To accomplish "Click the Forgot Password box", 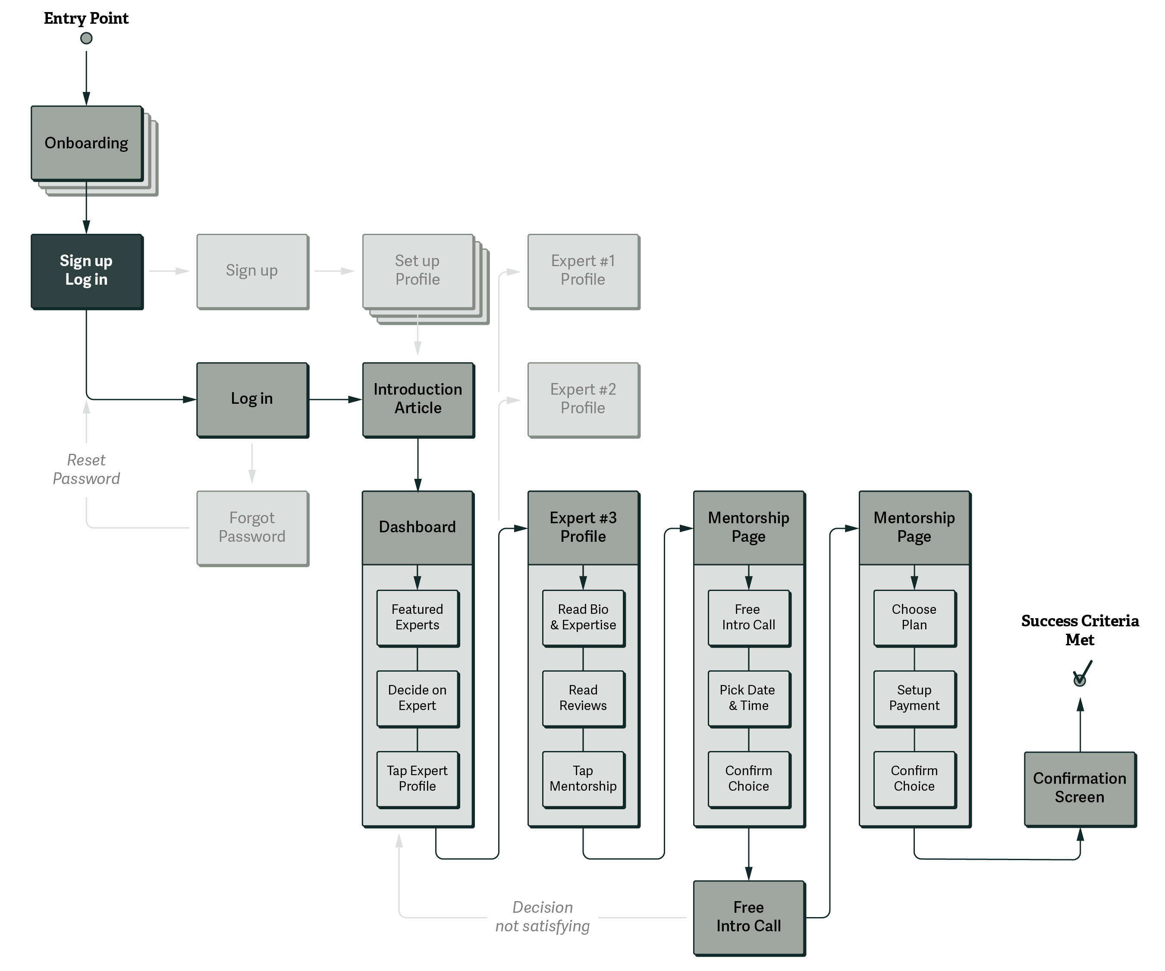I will pyautogui.click(x=252, y=527).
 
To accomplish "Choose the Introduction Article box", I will pyautogui.click(x=418, y=399).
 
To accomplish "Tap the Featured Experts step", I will pyautogui.click(x=417, y=617).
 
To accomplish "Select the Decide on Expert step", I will pyautogui.click(x=417, y=698).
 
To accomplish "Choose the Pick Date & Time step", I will pyautogui.click(x=748, y=698).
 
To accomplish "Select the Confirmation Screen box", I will pyautogui.click(x=1079, y=788).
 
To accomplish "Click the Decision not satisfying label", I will pyautogui.click(x=542, y=917).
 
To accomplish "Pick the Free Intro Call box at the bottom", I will pyautogui.click(x=748, y=917).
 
